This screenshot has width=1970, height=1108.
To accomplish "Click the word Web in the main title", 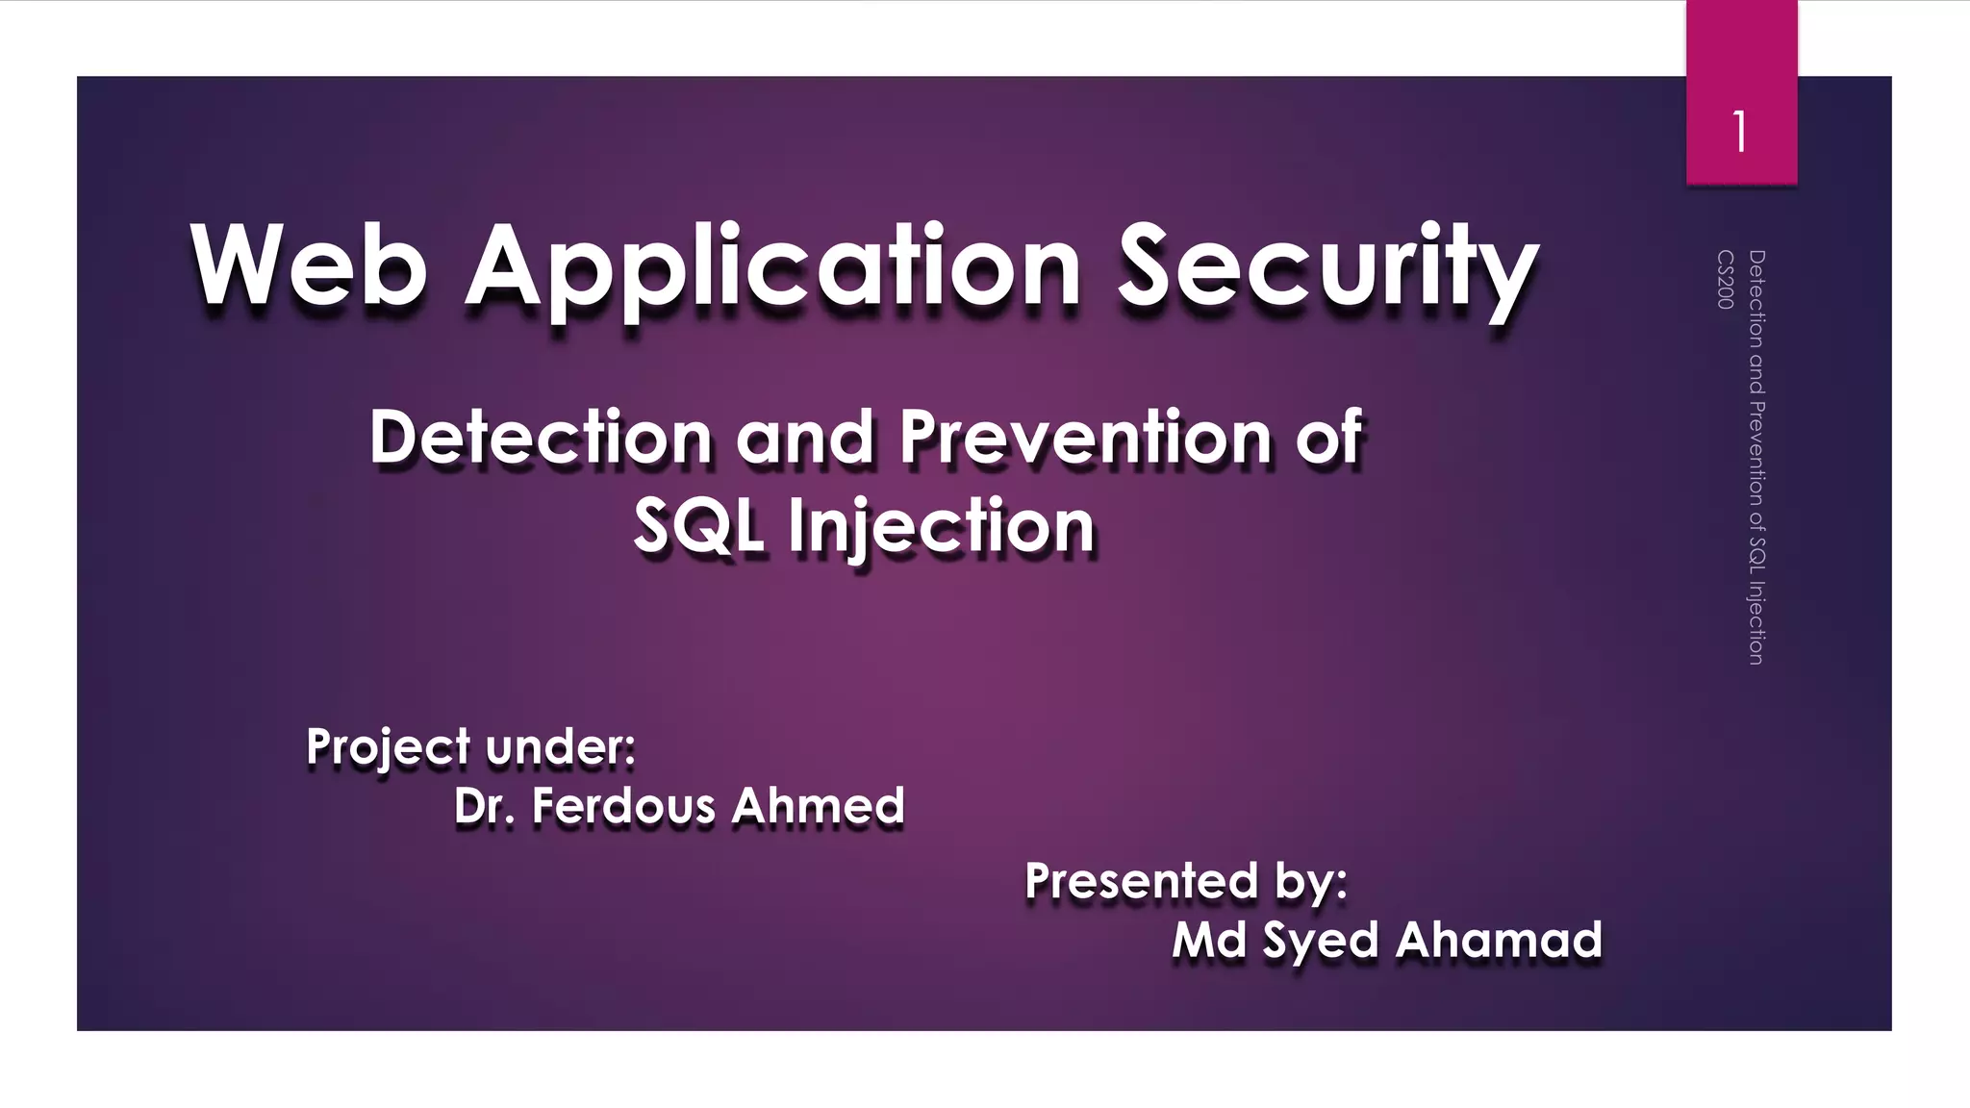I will coord(308,266).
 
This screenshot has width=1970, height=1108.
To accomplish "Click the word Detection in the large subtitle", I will coord(540,438).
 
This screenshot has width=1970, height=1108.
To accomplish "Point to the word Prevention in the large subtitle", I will coord(1085,438).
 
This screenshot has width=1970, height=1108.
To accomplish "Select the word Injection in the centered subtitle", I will coord(942,527).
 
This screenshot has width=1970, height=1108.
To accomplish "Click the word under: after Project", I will coord(561,746).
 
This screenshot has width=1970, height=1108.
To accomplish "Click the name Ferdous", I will coord(623,806).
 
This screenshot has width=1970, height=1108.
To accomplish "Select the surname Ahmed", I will coord(818,806).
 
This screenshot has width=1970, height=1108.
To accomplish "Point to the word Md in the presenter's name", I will coord(1209,940).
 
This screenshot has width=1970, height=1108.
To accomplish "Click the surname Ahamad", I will coord(1499,940).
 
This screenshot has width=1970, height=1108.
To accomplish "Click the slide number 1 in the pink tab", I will coord(1740,132).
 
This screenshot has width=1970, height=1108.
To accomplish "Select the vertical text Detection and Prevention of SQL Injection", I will coord(1756,457).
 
